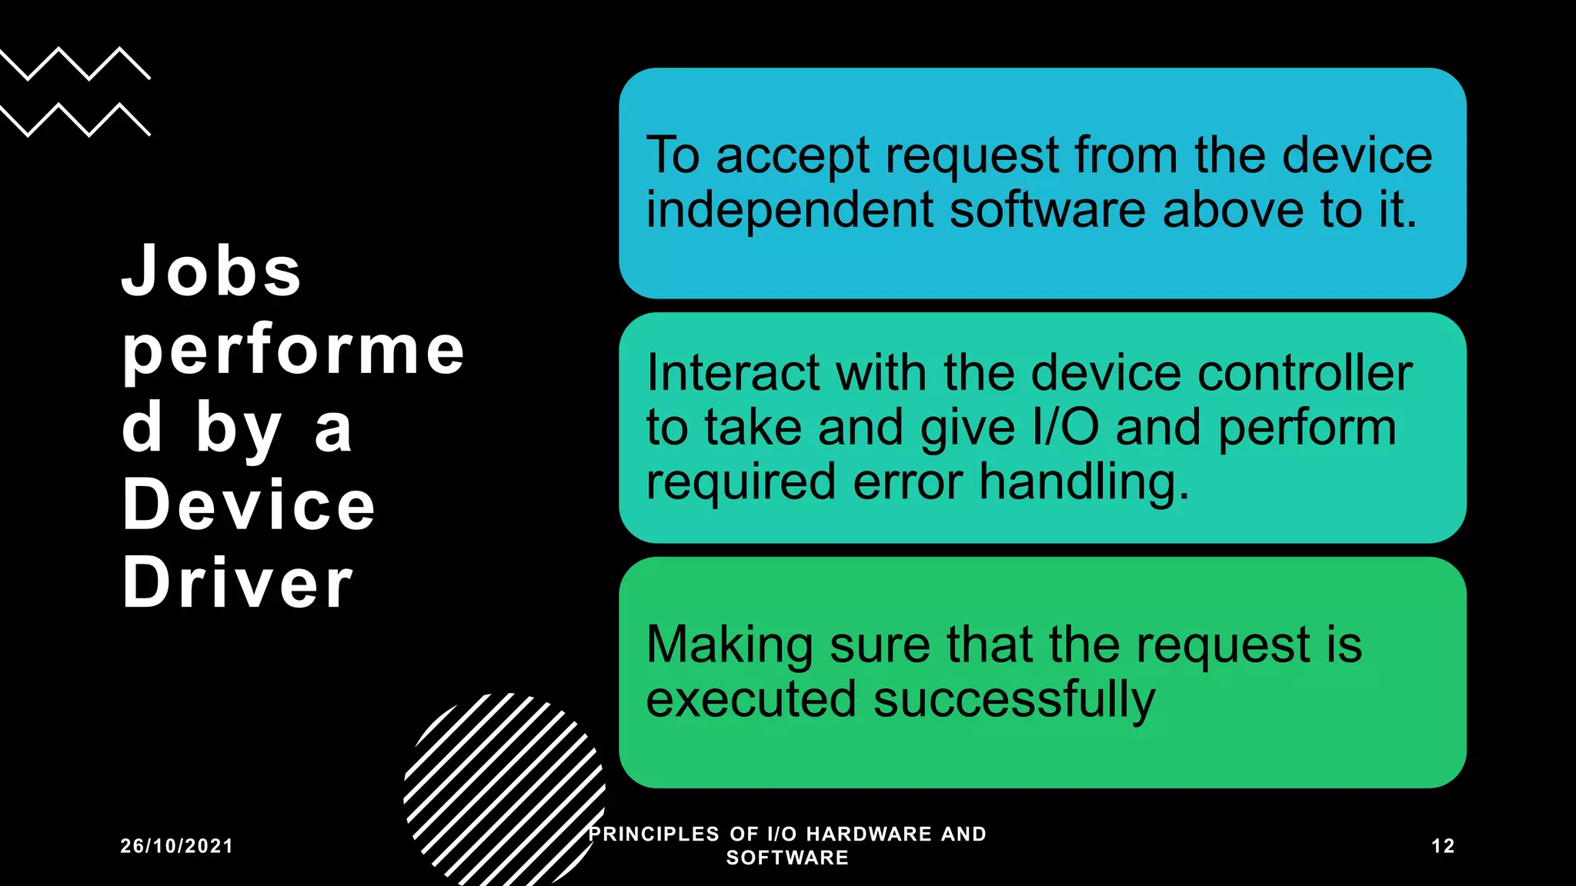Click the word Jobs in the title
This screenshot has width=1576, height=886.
(212, 271)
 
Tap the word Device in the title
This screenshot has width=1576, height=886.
(249, 505)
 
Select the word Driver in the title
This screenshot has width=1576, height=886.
(237, 583)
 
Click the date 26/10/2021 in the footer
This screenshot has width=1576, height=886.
(177, 846)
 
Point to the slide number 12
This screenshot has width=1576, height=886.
(1443, 846)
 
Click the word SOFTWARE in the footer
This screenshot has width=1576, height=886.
(787, 858)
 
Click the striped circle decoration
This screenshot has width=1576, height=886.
(504, 788)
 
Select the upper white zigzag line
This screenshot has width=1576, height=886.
(75, 64)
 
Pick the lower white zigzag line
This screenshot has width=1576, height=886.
(75, 120)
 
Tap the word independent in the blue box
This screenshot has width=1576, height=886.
(790, 211)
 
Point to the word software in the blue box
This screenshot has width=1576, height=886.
(1047, 211)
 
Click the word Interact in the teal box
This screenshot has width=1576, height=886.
(733, 374)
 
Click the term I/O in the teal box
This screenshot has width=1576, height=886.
(1065, 428)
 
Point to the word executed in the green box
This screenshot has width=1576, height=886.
(750, 700)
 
